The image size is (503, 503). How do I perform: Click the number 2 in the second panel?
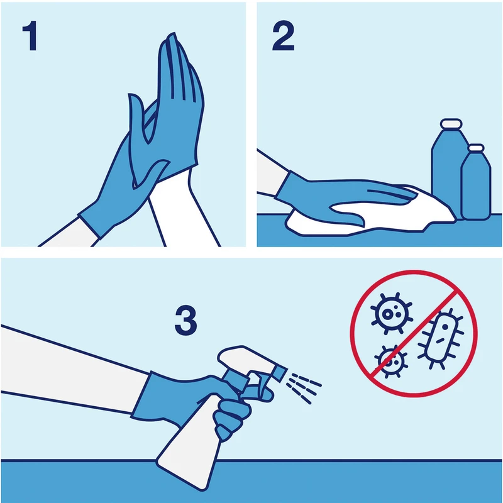(x=284, y=36)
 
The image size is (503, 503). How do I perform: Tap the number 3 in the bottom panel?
(x=185, y=321)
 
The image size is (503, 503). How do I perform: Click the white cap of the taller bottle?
(x=451, y=123)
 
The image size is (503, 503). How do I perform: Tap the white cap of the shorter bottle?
(x=476, y=148)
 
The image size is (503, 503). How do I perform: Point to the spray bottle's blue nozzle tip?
(x=280, y=373)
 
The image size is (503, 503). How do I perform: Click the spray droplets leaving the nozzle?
(x=304, y=387)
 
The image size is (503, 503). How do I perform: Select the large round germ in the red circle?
(x=391, y=313)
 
